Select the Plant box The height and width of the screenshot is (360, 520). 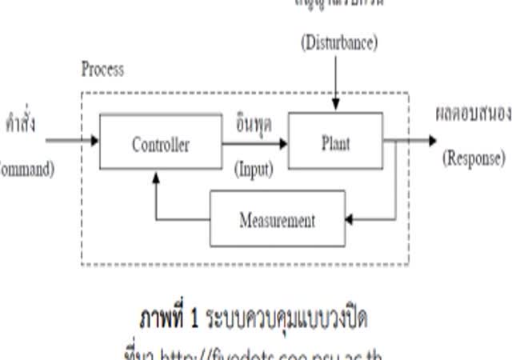[335, 141]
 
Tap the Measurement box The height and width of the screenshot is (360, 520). [278, 218]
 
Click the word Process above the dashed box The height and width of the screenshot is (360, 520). [102, 69]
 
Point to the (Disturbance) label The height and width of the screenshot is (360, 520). [338, 42]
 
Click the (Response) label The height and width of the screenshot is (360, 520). [474, 158]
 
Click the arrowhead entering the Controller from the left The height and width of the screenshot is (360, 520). [94, 141]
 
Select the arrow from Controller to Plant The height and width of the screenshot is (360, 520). [254, 145]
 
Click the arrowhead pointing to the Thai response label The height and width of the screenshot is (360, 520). [432, 141]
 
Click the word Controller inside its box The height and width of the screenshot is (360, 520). [161, 145]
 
